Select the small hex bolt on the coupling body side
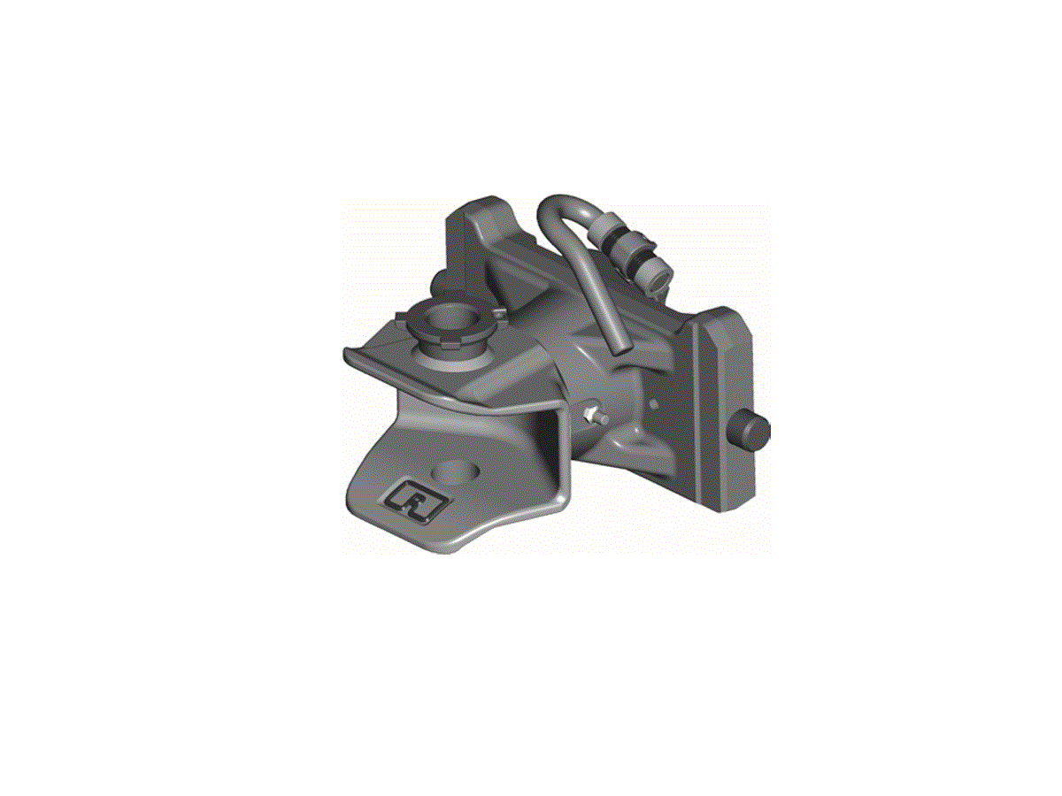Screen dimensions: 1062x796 click(x=594, y=414)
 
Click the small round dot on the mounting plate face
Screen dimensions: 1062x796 click(x=654, y=389)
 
